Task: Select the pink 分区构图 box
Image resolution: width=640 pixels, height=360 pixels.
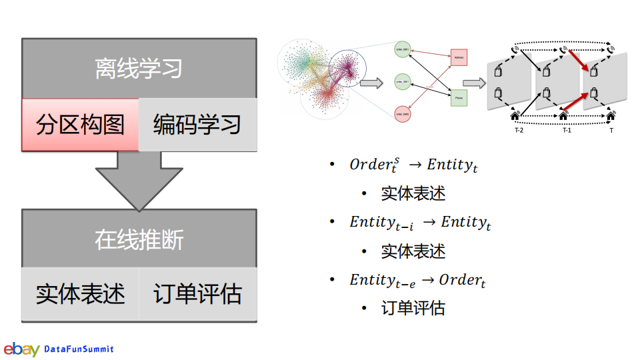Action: tap(80, 125)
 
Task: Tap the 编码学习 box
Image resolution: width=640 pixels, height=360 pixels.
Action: tap(197, 125)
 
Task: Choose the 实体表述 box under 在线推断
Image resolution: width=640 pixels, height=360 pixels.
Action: tap(80, 294)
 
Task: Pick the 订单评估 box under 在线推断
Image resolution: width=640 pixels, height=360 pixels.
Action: tap(197, 294)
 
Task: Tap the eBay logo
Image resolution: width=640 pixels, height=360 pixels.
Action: tap(21, 349)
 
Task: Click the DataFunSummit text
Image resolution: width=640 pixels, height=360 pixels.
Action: tap(79, 349)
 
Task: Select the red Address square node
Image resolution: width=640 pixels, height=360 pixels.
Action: tap(459, 57)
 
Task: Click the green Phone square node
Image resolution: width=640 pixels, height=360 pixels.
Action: tap(459, 98)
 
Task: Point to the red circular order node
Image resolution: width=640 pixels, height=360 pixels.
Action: tap(402, 114)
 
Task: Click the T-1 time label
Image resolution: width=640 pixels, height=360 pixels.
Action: tap(567, 131)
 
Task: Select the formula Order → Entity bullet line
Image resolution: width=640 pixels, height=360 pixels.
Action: tap(413, 165)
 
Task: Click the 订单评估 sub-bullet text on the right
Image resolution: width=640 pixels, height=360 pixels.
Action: tap(413, 308)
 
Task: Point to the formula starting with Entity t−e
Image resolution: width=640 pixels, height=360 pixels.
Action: tap(417, 280)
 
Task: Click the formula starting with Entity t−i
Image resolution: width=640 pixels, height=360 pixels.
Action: tap(420, 223)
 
